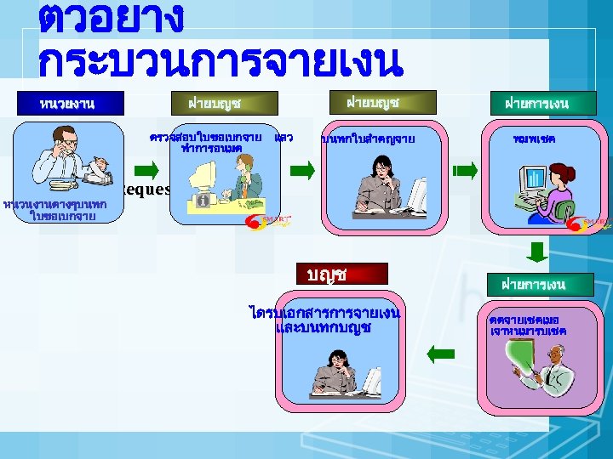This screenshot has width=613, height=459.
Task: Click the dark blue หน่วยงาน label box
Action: (67, 104)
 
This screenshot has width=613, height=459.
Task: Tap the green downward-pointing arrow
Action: (536, 251)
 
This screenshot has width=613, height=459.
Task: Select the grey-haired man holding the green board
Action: (549, 365)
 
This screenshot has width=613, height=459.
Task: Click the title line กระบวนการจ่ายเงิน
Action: (220, 61)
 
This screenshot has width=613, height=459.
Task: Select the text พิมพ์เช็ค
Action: (535, 138)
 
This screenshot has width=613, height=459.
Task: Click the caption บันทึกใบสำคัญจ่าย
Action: (368, 139)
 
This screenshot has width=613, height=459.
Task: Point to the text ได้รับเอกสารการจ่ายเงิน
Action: (326, 314)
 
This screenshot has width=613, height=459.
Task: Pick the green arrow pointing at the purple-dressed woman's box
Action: (465, 171)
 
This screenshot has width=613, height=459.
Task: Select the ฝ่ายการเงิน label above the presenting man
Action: (534, 283)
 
